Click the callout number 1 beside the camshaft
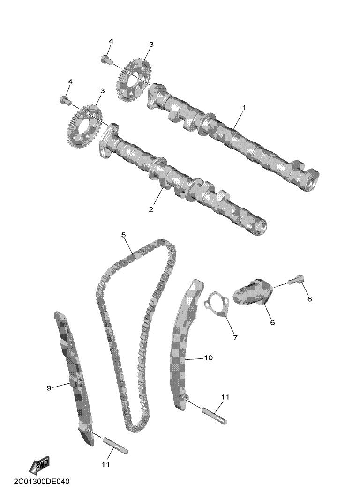(x=244, y=108)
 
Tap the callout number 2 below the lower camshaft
(x=151, y=209)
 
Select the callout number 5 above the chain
(x=124, y=235)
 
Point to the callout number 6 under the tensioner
(x=272, y=322)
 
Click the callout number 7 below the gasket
(x=235, y=338)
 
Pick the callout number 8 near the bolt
(x=309, y=299)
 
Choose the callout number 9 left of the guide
(x=49, y=388)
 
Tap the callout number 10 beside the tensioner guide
(x=209, y=357)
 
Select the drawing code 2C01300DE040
(x=41, y=482)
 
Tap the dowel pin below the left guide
(x=115, y=445)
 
